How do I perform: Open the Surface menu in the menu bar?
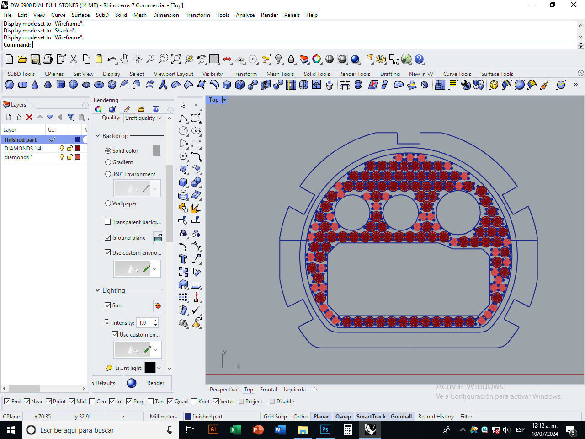[x=80, y=15]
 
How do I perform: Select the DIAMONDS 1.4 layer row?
[x=23, y=148]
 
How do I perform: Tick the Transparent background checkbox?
[x=108, y=222]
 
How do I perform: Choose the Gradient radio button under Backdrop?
[x=108, y=162]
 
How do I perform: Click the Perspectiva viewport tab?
[x=223, y=390]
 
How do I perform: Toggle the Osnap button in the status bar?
[x=343, y=416]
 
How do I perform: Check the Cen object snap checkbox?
[x=92, y=402]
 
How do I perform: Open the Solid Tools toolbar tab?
[x=316, y=74]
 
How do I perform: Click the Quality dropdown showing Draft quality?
[x=143, y=118]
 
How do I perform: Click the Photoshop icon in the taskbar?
[x=325, y=430]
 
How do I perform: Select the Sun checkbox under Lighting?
[x=108, y=305]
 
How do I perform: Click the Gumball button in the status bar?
[x=401, y=416]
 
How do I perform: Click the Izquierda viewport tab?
[x=294, y=390]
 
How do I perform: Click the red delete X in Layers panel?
[x=29, y=117]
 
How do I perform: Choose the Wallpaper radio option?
[x=108, y=203]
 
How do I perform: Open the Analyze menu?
[x=245, y=15]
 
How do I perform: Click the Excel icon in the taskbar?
[x=235, y=430]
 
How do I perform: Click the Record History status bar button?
[x=436, y=416]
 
